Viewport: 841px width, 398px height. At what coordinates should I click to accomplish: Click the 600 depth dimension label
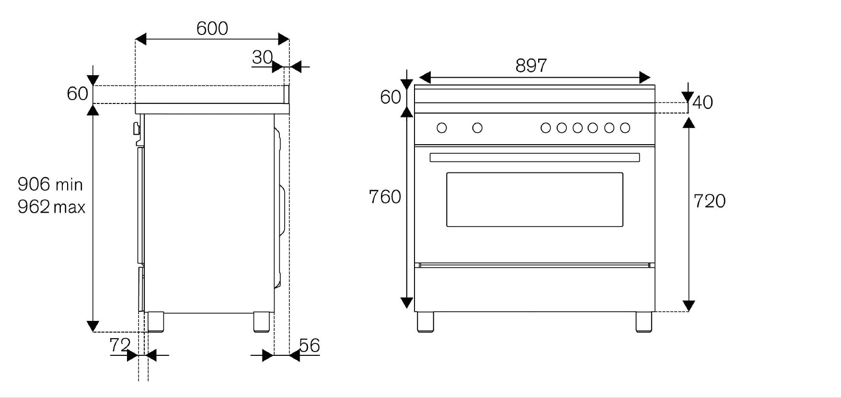pos(212,29)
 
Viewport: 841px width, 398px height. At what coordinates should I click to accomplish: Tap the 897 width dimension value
pos(531,66)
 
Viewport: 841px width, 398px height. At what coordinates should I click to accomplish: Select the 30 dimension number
pos(262,57)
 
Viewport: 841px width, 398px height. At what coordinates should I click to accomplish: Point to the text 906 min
pos(50,184)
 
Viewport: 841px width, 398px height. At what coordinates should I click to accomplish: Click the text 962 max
pos(51,207)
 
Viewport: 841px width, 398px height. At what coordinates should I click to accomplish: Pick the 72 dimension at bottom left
pos(120,345)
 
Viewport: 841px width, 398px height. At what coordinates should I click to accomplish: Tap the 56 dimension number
pos(310,345)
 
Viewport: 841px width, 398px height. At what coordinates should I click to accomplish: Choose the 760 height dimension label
pos(385,197)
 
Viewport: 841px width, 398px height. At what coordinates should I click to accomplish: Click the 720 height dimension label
pos(710,201)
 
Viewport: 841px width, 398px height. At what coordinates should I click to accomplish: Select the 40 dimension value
pos(703,102)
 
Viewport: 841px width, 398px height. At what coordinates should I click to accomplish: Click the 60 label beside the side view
pos(77,93)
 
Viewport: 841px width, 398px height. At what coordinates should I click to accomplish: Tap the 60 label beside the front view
pos(390,97)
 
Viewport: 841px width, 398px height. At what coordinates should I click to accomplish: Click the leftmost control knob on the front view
pos(442,128)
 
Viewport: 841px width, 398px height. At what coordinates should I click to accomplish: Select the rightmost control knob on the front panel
pos(625,128)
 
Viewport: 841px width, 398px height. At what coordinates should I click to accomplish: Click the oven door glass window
pos(535,199)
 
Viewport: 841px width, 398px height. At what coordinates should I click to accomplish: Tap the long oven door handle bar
pos(535,157)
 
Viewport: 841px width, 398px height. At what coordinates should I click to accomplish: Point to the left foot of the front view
pos(426,322)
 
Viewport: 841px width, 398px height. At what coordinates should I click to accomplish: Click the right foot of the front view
pos(644,322)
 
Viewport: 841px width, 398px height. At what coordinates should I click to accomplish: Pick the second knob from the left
pos(477,128)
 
